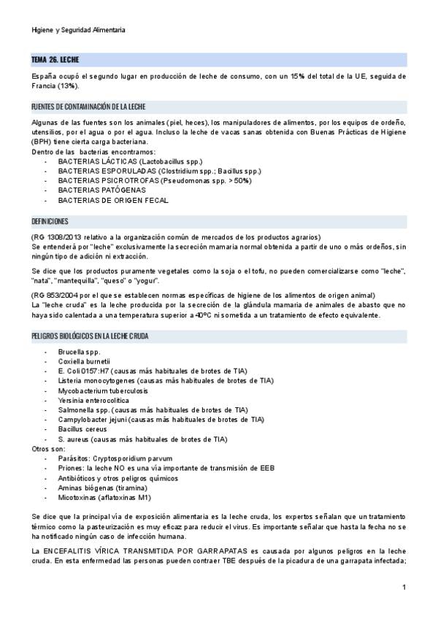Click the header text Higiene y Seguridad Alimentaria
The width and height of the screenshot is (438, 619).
point(79,30)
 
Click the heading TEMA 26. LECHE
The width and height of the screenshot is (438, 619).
point(55,59)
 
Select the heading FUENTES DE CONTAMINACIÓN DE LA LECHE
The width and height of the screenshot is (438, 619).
point(88,106)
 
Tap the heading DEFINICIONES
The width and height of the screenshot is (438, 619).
point(50,221)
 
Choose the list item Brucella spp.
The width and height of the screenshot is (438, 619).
point(79,352)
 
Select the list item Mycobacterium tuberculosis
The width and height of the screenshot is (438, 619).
point(98,391)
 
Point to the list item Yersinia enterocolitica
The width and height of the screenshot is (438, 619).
point(93,400)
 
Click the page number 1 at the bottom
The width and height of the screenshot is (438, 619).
point(404,588)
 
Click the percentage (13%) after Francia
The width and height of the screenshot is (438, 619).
point(68,85)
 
